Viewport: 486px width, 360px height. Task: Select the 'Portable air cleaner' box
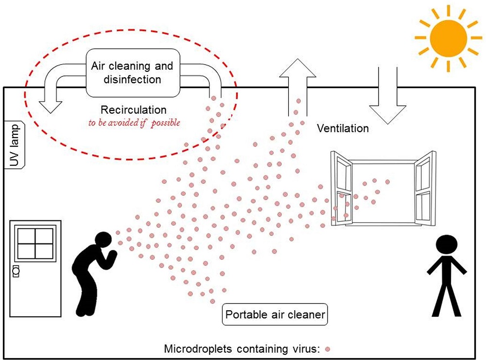pyautogui.click(x=275, y=315)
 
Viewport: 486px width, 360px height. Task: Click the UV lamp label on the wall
pyautogui.click(x=13, y=145)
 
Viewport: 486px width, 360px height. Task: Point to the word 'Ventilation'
pyautogui.click(x=343, y=128)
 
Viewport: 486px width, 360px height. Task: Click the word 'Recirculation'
pyautogui.click(x=133, y=110)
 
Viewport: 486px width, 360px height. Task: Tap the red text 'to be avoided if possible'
pyautogui.click(x=134, y=123)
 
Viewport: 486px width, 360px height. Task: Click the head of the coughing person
pyautogui.click(x=104, y=240)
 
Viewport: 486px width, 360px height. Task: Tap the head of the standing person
pyautogui.click(x=446, y=245)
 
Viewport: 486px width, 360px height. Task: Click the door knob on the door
pyautogui.click(x=16, y=270)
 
